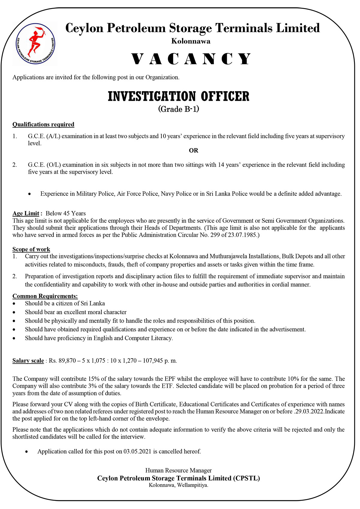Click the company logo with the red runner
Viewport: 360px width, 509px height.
click(x=35, y=43)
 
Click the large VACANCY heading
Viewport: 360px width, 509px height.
click(x=191, y=59)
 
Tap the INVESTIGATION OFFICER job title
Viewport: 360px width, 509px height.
click(x=178, y=97)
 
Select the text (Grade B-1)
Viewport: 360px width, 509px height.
click(x=178, y=109)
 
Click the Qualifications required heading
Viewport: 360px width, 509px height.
click(x=43, y=124)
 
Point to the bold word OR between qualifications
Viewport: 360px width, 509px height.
click(x=193, y=150)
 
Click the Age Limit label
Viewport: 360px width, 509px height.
click(x=26, y=213)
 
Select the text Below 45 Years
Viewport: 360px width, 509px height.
click(x=66, y=213)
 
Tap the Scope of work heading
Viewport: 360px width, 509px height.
click(x=31, y=249)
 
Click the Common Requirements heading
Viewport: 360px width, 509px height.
click(x=45, y=296)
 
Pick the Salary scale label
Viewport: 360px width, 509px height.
click(x=28, y=361)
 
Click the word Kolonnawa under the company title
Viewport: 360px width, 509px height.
click(x=191, y=41)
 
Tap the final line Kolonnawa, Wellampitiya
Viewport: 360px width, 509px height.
click(x=178, y=485)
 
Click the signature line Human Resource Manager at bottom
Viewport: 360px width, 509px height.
click(x=178, y=471)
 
